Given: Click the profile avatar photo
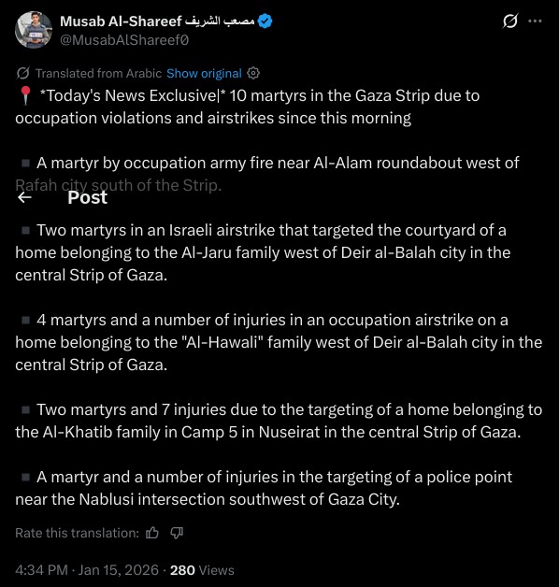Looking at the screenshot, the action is click(x=34, y=30).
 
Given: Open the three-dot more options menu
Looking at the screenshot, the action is click(x=534, y=21).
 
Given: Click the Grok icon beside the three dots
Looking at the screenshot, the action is click(x=510, y=21).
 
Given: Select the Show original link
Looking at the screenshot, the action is click(x=204, y=73).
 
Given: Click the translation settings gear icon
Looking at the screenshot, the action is click(x=253, y=73).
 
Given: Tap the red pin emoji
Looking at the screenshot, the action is click(x=24, y=95).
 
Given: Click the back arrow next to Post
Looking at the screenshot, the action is click(x=25, y=197).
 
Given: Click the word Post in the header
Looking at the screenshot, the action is click(x=87, y=197).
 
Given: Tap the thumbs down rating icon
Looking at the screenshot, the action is click(x=177, y=533).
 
